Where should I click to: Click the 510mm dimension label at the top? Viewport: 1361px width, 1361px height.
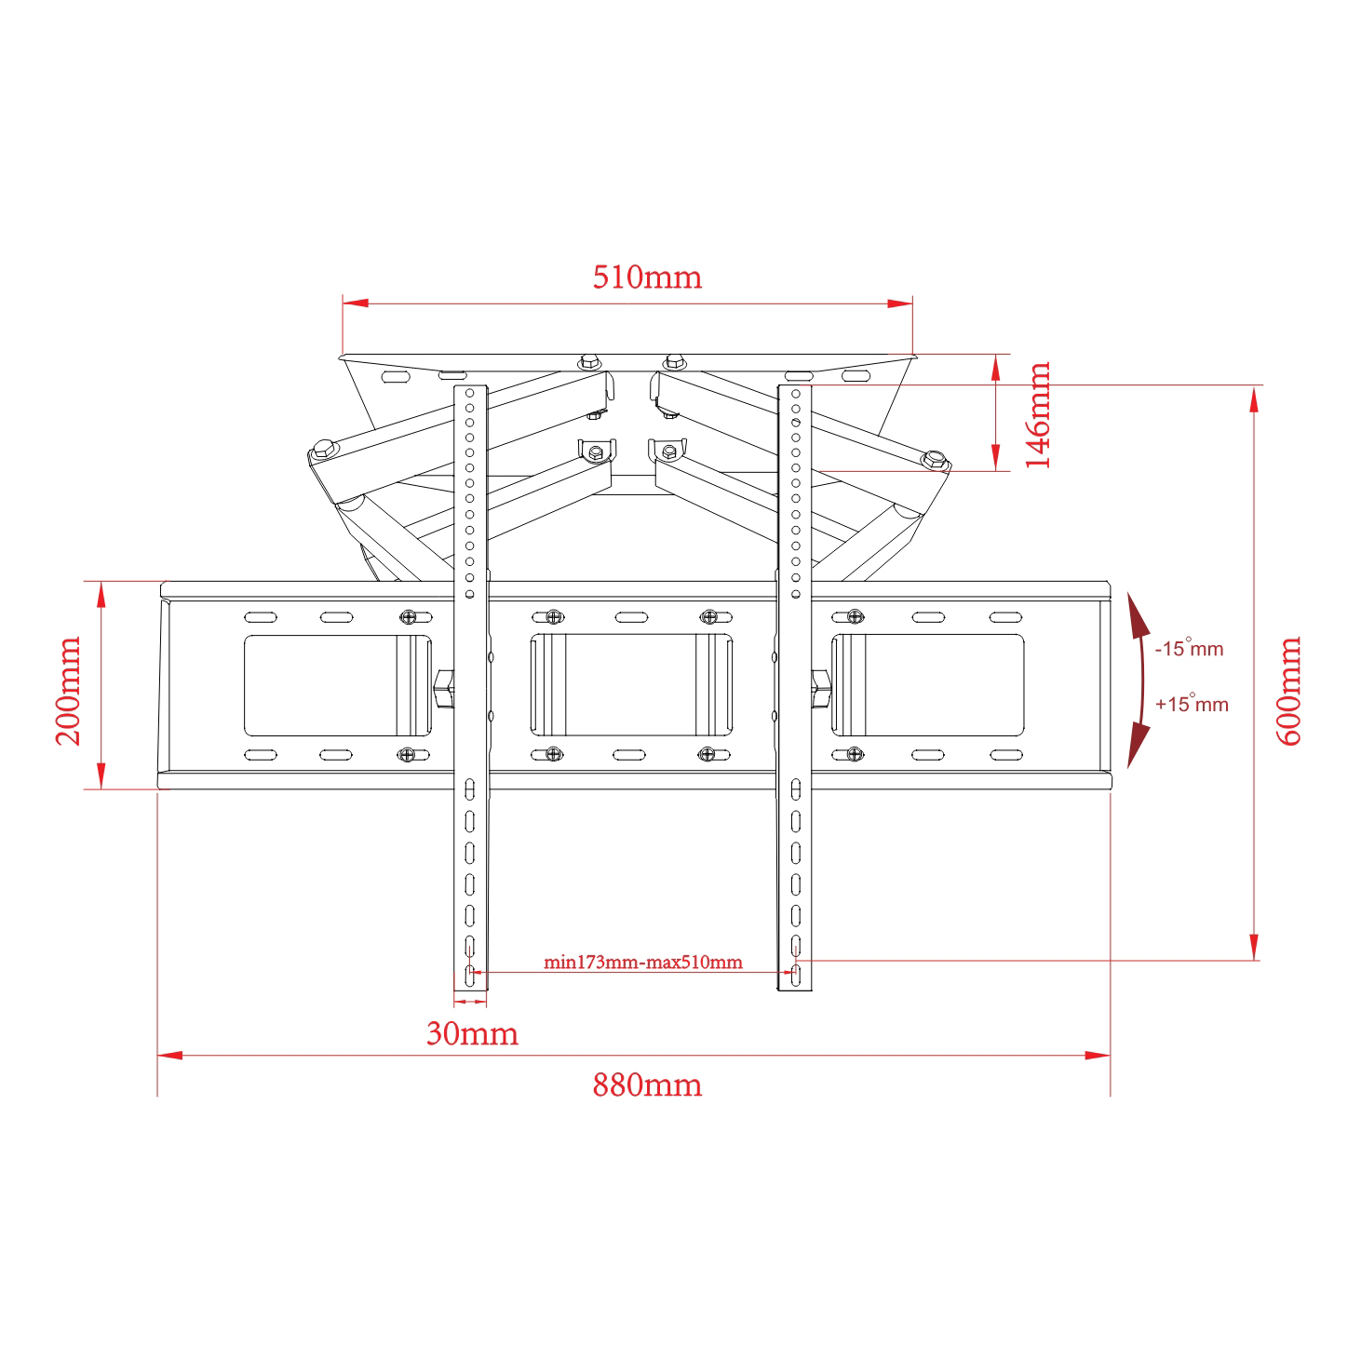pyautogui.click(x=647, y=276)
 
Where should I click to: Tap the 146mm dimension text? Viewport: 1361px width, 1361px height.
pyautogui.click(x=1038, y=414)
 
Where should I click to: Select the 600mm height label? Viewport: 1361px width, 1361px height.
pyautogui.click(x=1288, y=691)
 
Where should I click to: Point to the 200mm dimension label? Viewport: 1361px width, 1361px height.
pyautogui.click(x=69, y=691)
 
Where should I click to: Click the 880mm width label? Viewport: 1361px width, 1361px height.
pyautogui.click(x=647, y=1085)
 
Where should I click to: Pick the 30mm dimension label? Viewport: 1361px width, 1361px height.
pyautogui.click(x=472, y=1034)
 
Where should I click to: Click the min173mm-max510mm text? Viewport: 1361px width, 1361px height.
pyautogui.click(x=642, y=962)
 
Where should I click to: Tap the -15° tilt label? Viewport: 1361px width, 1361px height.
pyautogui.click(x=1189, y=648)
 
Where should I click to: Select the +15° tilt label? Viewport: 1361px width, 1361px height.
pyautogui.click(x=1192, y=704)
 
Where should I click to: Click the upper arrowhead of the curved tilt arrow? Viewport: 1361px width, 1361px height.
pyautogui.click(x=1137, y=613)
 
